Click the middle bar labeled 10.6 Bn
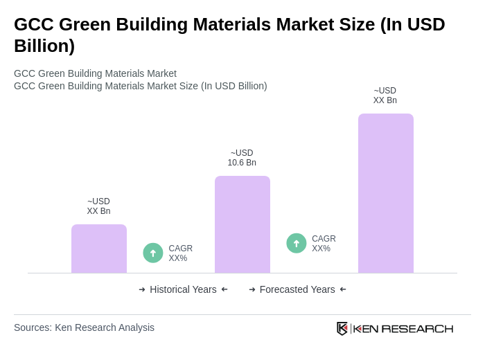(x=242, y=224)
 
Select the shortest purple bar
(x=98, y=249)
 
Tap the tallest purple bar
(x=385, y=193)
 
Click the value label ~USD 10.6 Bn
(x=242, y=158)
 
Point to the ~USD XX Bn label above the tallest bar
(x=385, y=96)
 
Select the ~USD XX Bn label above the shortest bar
(x=98, y=206)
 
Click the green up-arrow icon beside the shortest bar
(x=153, y=253)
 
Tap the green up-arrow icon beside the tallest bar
(x=297, y=243)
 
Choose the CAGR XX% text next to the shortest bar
(x=180, y=253)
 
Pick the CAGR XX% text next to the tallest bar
(x=324, y=244)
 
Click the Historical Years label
(x=183, y=289)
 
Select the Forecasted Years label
(x=297, y=289)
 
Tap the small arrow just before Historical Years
(x=142, y=289)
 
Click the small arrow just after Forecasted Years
(x=343, y=289)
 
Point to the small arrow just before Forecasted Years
(x=252, y=289)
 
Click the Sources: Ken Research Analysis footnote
(x=84, y=327)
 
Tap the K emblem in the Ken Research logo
(x=342, y=328)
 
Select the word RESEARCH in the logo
(x=417, y=329)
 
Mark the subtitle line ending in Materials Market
(x=95, y=73)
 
